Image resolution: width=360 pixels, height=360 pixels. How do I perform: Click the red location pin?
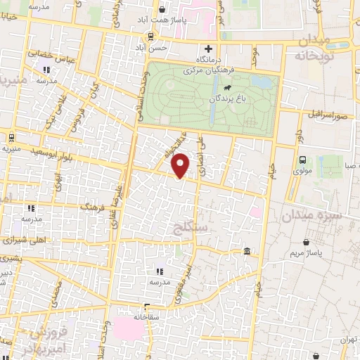pyautogui.click(x=181, y=165)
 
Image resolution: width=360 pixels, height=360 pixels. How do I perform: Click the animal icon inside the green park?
pyautogui.click(x=226, y=88)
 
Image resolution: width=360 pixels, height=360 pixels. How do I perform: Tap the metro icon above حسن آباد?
pyautogui.click(x=152, y=37)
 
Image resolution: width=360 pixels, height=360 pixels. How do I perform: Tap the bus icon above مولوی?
pyautogui.click(x=302, y=160)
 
